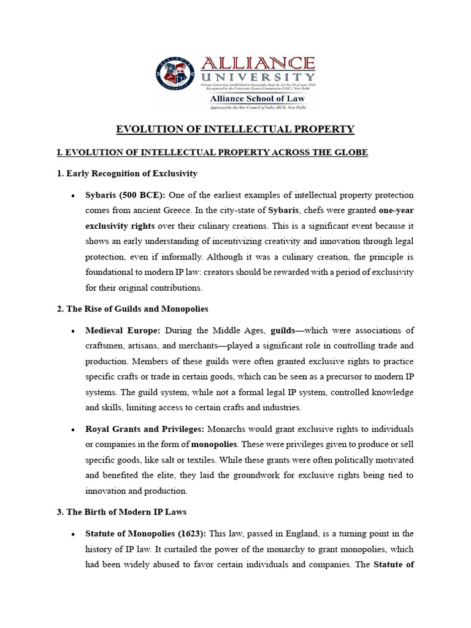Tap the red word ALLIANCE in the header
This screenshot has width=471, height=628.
coord(258,64)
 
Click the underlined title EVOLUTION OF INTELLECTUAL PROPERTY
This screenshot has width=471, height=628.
coord(235,129)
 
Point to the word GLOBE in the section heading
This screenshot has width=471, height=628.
coord(351,152)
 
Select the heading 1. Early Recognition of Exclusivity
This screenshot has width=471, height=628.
coord(127,174)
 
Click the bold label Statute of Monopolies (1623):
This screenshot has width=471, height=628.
coord(147,534)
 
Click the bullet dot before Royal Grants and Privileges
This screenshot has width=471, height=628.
coord(73,429)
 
